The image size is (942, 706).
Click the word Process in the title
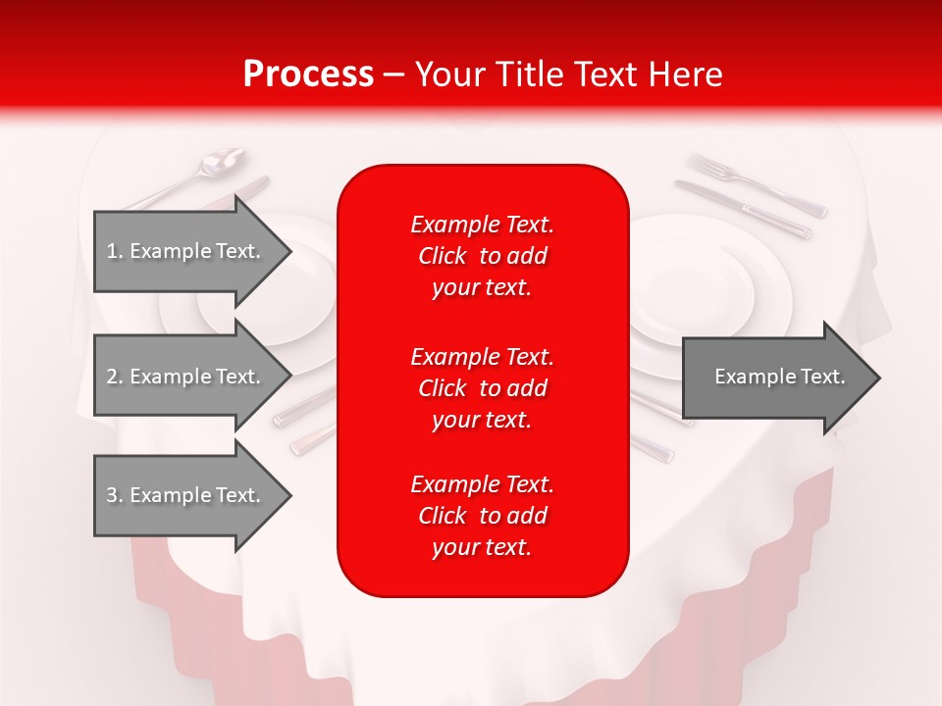click(x=308, y=75)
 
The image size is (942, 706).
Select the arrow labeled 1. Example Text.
click(x=186, y=251)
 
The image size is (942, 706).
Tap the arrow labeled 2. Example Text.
click(x=186, y=377)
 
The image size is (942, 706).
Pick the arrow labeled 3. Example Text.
click(x=186, y=495)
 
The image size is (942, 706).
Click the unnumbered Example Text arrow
click(x=775, y=377)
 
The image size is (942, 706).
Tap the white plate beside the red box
click(x=706, y=284)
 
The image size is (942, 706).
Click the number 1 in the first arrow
click(x=112, y=251)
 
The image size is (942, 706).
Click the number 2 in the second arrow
click(x=112, y=377)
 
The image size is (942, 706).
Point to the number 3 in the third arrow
click(x=112, y=495)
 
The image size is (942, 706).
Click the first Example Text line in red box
click(x=483, y=225)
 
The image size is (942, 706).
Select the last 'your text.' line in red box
click(x=483, y=547)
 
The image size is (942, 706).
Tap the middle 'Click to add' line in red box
click(x=483, y=388)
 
